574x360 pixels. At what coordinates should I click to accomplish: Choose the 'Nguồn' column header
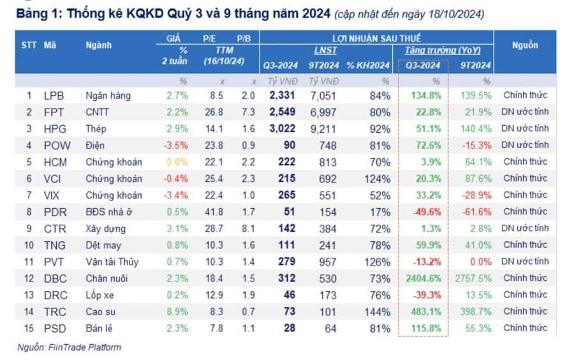(x=524, y=45)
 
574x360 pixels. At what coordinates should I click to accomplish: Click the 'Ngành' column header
(x=98, y=45)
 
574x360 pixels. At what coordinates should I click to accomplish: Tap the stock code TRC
(x=55, y=311)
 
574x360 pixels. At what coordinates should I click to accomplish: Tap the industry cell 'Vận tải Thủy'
(x=112, y=262)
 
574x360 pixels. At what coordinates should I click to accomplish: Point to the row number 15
(x=29, y=328)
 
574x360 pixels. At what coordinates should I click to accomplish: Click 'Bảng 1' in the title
(x=36, y=13)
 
